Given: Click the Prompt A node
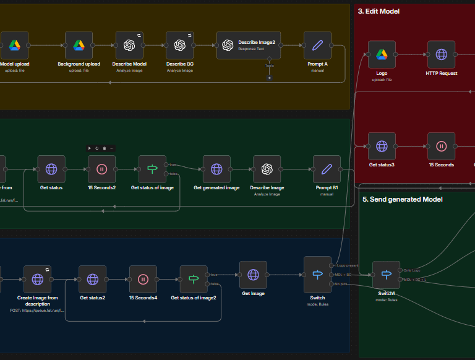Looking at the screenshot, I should click(317, 45).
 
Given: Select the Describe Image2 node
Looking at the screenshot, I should click(244, 45).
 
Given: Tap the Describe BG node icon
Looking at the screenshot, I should click(180, 45).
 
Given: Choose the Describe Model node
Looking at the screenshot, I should click(129, 45).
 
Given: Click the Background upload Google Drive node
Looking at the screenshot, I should click(79, 45).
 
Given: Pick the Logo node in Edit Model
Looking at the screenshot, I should click(382, 54).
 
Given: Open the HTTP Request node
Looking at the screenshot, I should click(441, 54).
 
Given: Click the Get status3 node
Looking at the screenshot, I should click(382, 146).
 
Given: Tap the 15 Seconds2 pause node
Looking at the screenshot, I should click(101, 169).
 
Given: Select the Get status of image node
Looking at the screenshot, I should click(152, 169).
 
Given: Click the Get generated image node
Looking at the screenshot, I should click(216, 169).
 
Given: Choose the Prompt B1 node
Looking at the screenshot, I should click(327, 169).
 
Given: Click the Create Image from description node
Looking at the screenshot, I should click(37, 279).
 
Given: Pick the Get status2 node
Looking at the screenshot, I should click(93, 279).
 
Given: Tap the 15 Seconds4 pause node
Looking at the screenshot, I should click(143, 279).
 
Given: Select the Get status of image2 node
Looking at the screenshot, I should click(194, 279).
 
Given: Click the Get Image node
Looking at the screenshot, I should click(253, 274).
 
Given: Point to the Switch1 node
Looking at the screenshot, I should click(386, 275).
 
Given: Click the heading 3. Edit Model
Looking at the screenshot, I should click(379, 11).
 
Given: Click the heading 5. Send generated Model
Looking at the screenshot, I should click(402, 199).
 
